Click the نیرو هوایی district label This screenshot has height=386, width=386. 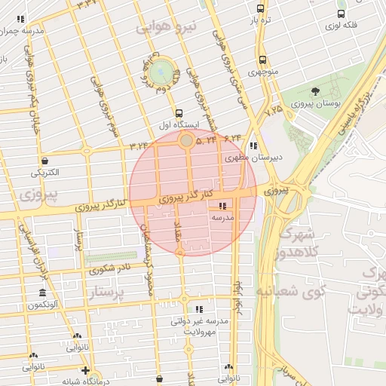[x=166, y=28]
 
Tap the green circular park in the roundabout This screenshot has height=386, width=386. [x=161, y=72]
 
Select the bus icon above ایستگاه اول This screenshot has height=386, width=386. [x=179, y=113]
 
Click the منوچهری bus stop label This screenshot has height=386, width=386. [x=262, y=72]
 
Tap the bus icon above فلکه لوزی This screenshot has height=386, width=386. [x=342, y=14]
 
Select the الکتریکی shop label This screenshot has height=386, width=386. [x=47, y=173]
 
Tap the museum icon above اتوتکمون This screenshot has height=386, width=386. [x=42, y=293]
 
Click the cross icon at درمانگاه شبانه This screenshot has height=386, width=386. [x=86, y=370]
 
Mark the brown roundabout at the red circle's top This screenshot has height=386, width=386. [x=186, y=139]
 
